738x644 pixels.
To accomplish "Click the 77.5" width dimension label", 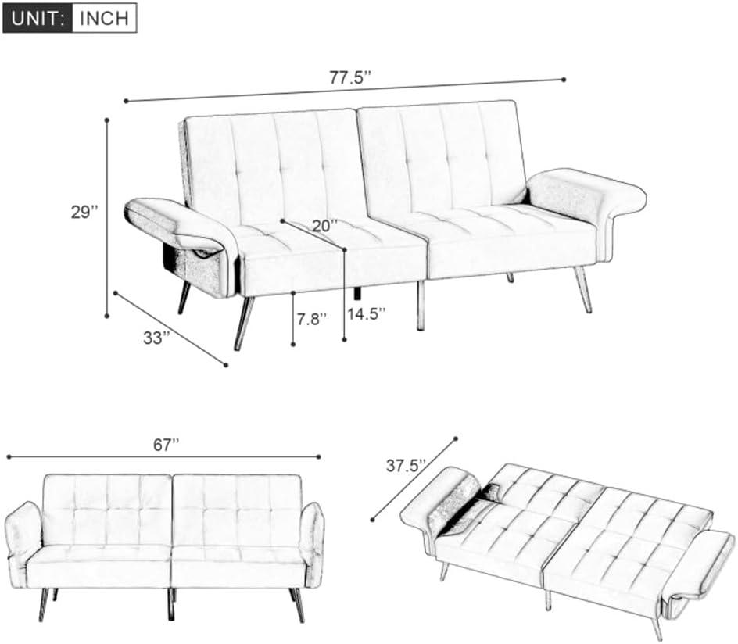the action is [x=350, y=77].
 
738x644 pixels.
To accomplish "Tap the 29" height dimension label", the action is [x=84, y=212].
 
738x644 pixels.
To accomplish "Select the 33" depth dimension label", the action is [x=156, y=338].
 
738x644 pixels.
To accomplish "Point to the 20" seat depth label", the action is [x=325, y=226].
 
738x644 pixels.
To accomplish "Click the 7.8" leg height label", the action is [x=311, y=319].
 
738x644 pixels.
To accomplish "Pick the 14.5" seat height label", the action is [x=367, y=313].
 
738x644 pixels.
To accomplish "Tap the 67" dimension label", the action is [x=167, y=445].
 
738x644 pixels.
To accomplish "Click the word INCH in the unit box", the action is [x=104, y=18].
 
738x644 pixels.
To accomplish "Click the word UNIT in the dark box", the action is [x=38, y=18].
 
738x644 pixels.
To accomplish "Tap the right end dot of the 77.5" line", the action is [x=564, y=80].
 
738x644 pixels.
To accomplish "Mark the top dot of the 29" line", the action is [x=107, y=120].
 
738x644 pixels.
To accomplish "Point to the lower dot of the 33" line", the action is [x=226, y=364].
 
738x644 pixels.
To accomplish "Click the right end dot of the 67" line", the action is [x=319, y=456].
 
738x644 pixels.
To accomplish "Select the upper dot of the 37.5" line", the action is [x=456, y=439].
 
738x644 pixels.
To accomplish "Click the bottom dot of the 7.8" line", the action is [x=293, y=345].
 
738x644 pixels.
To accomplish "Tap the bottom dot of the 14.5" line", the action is [x=345, y=338].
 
